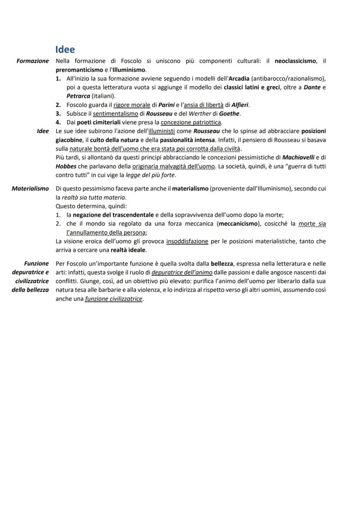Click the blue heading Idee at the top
click(x=65, y=50)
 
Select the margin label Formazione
click(x=33, y=61)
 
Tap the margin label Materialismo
click(x=30, y=189)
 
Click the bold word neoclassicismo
click(x=296, y=61)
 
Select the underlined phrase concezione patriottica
click(x=191, y=123)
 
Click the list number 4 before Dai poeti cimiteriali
click(x=58, y=123)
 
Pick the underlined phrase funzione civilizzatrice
click(x=114, y=299)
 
